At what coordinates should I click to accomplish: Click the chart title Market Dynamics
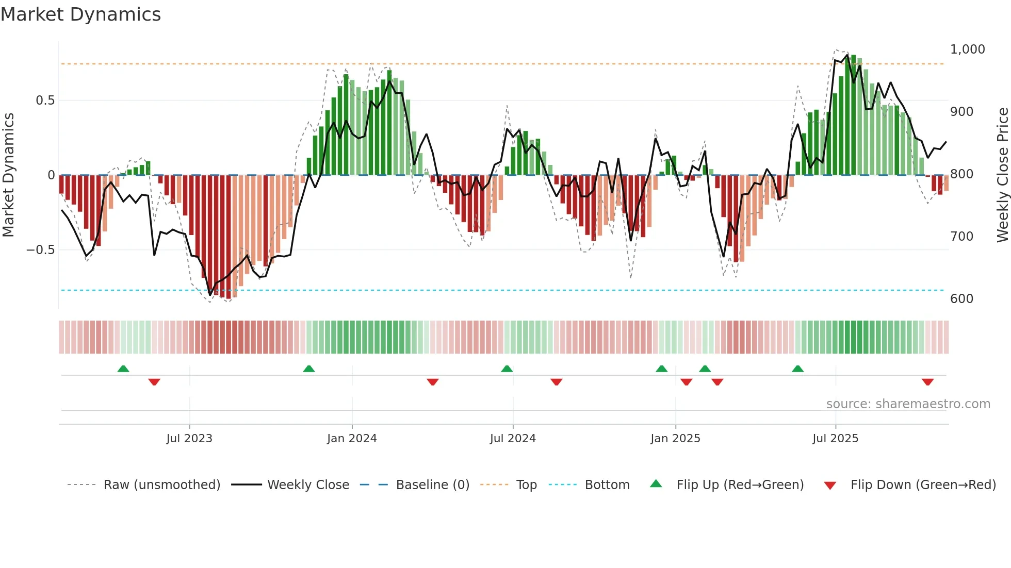(x=81, y=14)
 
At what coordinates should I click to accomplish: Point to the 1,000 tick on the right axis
(x=967, y=49)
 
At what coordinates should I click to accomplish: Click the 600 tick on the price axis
(x=961, y=299)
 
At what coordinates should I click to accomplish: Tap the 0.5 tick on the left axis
(x=45, y=101)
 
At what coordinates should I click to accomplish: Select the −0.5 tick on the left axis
(x=40, y=250)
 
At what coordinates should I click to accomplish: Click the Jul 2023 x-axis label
(x=189, y=439)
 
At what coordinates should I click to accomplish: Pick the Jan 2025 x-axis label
(x=675, y=439)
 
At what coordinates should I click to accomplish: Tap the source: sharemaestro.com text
(x=908, y=404)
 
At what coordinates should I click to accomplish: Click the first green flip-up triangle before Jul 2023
(x=123, y=369)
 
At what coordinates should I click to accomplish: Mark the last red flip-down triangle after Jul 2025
(x=927, y=382)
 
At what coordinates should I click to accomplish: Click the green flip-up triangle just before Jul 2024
(x=507, y=369)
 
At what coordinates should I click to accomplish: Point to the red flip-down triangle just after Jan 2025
(x=686, y=382)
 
